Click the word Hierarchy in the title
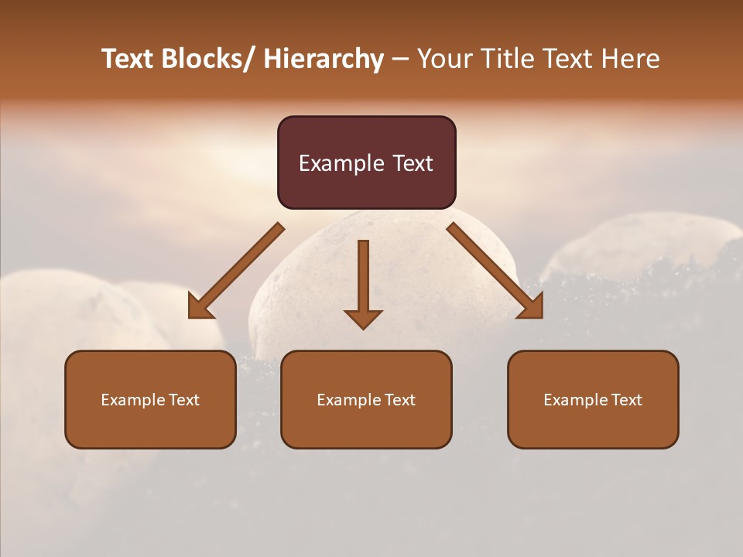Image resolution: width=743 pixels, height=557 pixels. click(324, 59)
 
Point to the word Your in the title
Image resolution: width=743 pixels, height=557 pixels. click(444, 59)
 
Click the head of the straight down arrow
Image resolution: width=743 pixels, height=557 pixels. click(363, 318)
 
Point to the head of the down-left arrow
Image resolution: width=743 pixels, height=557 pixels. click(200, 307)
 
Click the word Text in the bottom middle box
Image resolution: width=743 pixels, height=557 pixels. click(400, 400)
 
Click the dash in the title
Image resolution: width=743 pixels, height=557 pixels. click(400, 59)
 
